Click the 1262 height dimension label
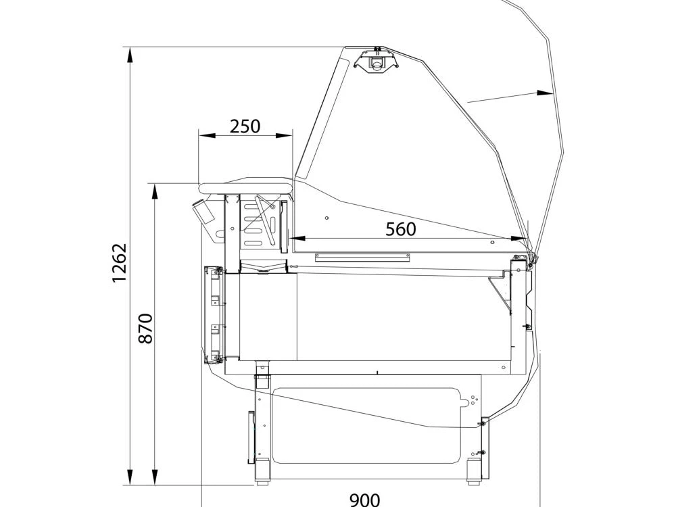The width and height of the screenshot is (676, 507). click(x=120, y=262)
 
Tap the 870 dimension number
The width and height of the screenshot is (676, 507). click(x=146, y=329)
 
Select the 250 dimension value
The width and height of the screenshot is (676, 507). click(x=245, y=126)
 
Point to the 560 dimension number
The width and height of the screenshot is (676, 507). click(x=400, y=229)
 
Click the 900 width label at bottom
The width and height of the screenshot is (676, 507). click(x=365, y=500)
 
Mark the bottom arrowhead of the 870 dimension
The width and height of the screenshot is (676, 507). click(x=155, y=477)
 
